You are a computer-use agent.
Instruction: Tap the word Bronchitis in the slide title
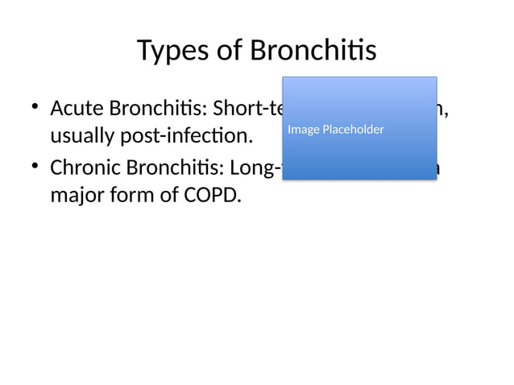(x=313, y=51)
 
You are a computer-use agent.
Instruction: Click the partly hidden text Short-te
(x=245, y=108)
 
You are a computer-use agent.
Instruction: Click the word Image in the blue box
(x=302, y=130)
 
